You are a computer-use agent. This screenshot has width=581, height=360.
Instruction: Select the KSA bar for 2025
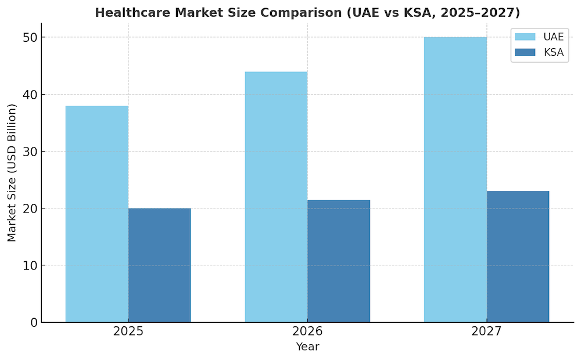[159, 265]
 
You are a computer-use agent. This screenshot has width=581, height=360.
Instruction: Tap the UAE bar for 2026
[276, 197]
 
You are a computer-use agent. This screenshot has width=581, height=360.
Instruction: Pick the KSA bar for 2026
[339, 261]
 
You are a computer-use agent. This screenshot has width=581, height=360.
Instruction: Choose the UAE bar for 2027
[456, 179]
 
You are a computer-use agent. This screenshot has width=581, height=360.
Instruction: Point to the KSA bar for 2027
[518, 257]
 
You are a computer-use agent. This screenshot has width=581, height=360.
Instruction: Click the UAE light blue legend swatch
[525, 37]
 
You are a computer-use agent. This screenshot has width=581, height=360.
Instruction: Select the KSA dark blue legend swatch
[525, 52]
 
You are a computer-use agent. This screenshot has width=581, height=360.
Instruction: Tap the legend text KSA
[553, 52]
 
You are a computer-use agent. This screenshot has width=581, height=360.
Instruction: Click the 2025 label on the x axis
[128, 332]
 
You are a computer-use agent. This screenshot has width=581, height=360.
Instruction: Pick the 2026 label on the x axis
[307, 332]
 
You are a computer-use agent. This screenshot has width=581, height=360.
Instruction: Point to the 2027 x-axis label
[487, 332]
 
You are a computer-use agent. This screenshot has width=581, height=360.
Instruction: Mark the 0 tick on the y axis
[33, 322]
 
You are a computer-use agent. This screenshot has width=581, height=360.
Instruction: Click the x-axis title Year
[307, 347]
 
